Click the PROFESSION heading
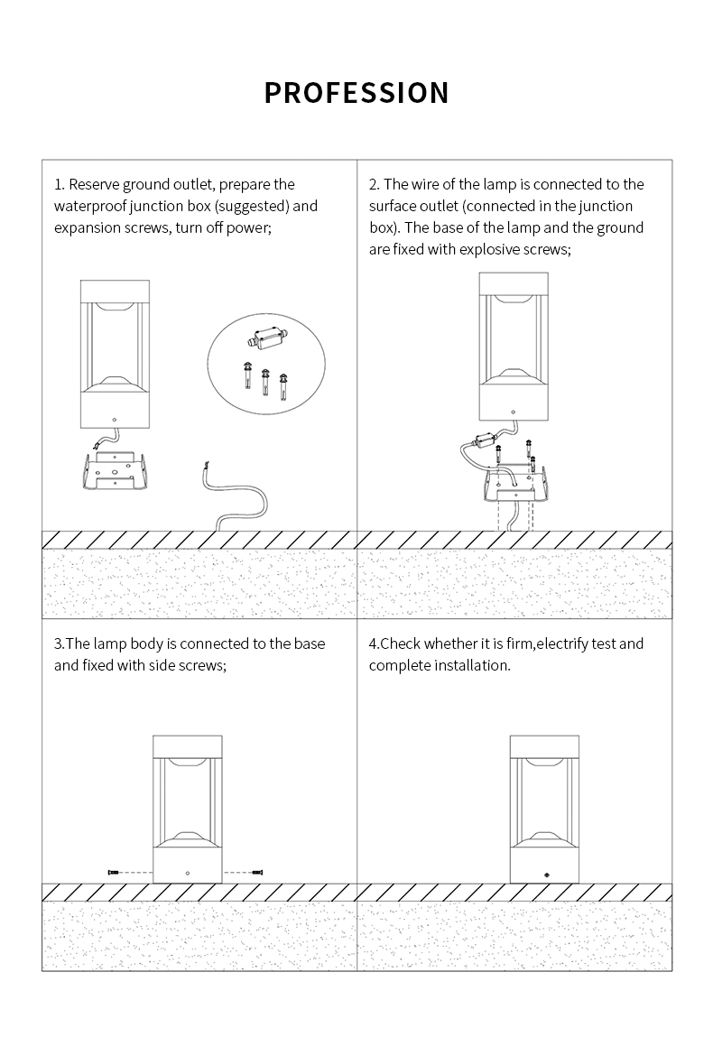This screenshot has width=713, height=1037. pos(356,93)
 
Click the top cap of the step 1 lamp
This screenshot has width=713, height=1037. pos(114,292)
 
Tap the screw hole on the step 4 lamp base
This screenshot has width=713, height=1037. pos(544,874)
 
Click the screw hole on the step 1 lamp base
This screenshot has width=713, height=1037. pos(114,420)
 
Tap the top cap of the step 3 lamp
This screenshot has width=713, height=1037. pos(187,747)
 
